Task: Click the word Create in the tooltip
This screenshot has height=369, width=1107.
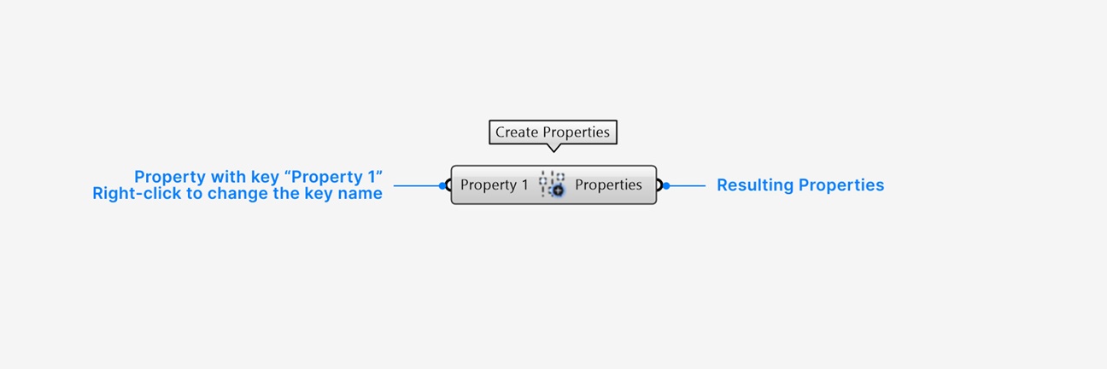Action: [517, 132]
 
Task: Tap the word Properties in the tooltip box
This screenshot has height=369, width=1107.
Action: [577, 132]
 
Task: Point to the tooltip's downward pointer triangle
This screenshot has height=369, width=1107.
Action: [553, 148]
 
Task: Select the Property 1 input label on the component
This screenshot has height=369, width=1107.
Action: [495, 184]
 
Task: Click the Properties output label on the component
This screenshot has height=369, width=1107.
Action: [608, 184]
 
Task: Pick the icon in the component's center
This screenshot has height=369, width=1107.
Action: [552, 184]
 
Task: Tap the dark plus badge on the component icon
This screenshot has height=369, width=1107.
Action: [558, 190]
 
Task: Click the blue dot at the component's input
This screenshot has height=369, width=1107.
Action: [442, 185]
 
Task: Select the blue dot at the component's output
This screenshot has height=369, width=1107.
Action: [666, 185]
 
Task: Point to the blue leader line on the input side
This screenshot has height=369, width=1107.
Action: [417, 185]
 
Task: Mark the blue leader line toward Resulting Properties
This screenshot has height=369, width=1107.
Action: [688, 185]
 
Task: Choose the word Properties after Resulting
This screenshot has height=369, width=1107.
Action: [841, 185]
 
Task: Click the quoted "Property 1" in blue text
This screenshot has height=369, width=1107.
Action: [334, 177]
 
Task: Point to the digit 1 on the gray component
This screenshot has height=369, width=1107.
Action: [524, 184]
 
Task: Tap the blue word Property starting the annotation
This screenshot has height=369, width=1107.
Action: [170, 177]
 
